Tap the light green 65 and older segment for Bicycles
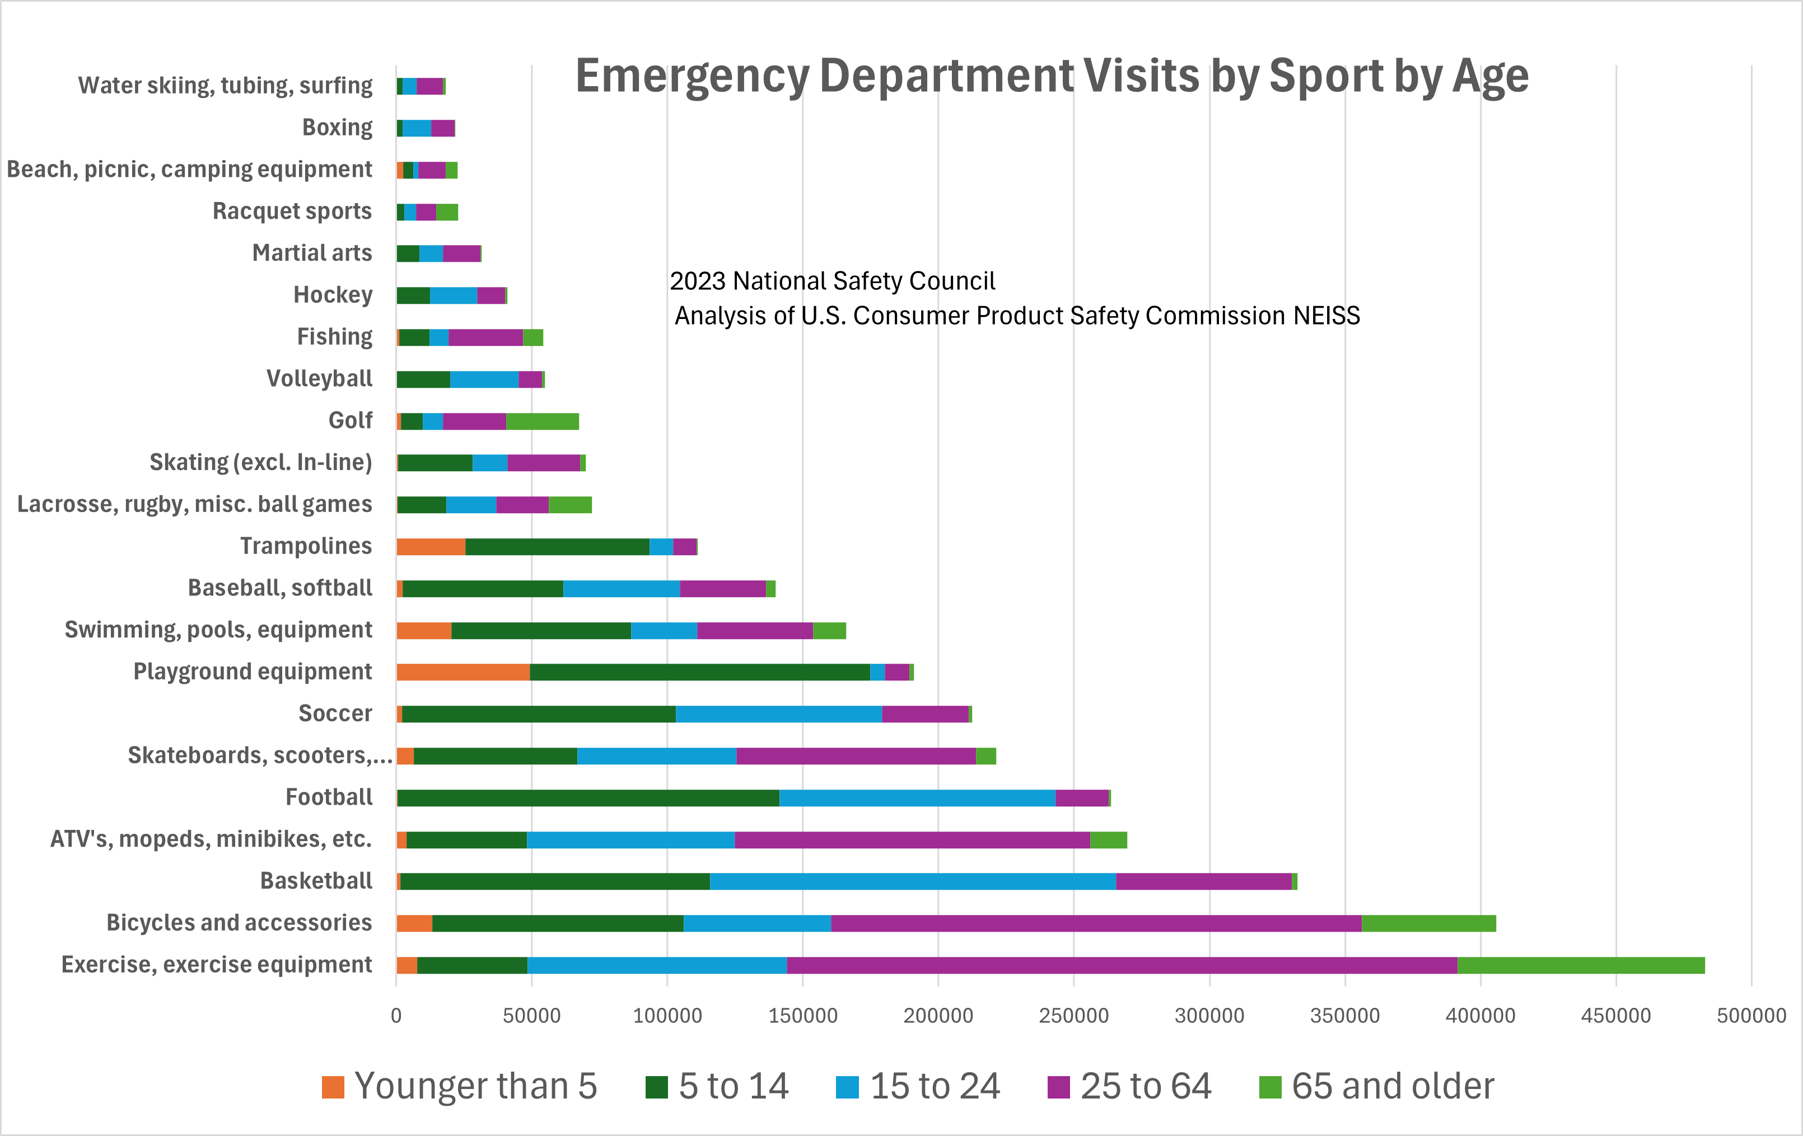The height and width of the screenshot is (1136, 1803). pyautogui.click(x=1428, y=923)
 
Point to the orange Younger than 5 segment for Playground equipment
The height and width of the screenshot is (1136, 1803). pyautogui.click(x=463, y=672)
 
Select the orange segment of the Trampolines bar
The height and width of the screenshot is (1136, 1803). pyautogui.click(x=431, y=546)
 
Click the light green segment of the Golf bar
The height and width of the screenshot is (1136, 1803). pyautogui.click(x=542, y=421)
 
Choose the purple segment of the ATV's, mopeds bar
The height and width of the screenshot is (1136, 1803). pyautogui.click(x=912, y=839)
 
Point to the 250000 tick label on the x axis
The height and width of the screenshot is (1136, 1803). pyautogui.click(x=1074, y=1016)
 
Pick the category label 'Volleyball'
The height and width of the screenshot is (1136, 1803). pyautogui.click(x=319, y=379)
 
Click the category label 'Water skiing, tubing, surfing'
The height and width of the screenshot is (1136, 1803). pyautogui.click(x=225, y=85)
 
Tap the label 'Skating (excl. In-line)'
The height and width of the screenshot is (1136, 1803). pyautogui.click(x=260, y=462)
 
